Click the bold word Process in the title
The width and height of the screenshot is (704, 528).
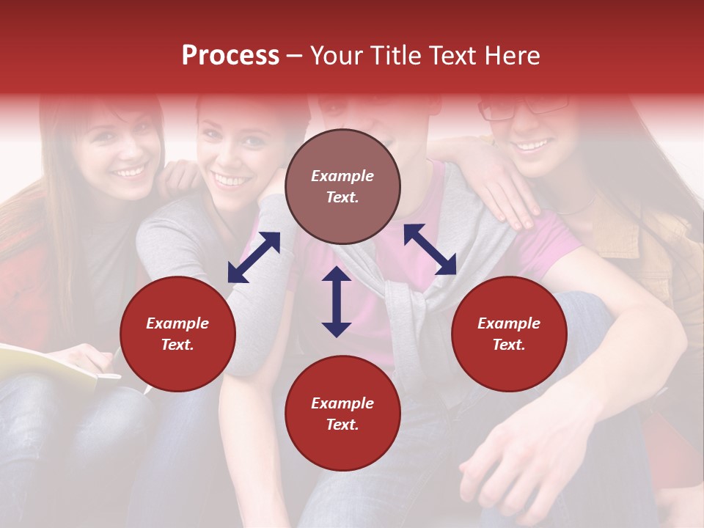pyautogui.click(x=230, y=56)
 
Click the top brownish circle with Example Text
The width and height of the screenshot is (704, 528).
pyautogui.click(x=342, y=187)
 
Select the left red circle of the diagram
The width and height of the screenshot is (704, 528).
pyautogui.click(x=177, y=334)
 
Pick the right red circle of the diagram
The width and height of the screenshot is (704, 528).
pyautogui.click(x=509, y=334)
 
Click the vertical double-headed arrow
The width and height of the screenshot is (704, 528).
pyautogui.click(x=337, y=301)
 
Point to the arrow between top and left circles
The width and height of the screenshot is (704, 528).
pyautogui.click(x=254, y=257)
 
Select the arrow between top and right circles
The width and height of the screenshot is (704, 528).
pyautogui.click(x=430, y=249)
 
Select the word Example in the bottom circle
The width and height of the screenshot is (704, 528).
pyautogui.click(x=342, y=403)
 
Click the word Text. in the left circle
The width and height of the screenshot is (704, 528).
pyautogui.click(x=177, y=345)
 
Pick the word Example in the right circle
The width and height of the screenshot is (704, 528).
pyautogui.click(x=509, y=323)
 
